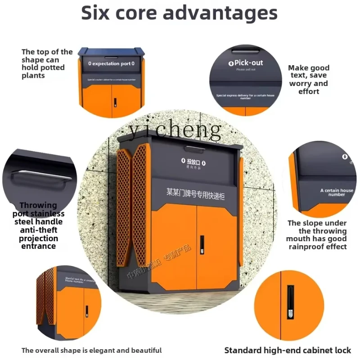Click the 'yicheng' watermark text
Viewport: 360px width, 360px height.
tap(175, 130)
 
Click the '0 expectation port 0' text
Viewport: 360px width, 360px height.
tap(111, 64)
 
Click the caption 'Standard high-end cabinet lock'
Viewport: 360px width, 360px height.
tap(288, 350)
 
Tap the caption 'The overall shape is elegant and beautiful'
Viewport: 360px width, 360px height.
tap(91, 350)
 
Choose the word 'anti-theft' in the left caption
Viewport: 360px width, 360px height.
tap(38, 230)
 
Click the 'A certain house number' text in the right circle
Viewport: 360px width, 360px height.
tap(337, 192)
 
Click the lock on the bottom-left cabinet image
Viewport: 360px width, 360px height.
tap(87, 310)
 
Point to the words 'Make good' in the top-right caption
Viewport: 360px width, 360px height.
tap(309, 68)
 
